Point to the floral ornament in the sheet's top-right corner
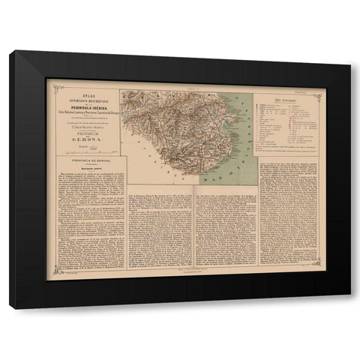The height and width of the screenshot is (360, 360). click(319, 95)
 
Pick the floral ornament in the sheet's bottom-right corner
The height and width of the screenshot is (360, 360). click(319, 262)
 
